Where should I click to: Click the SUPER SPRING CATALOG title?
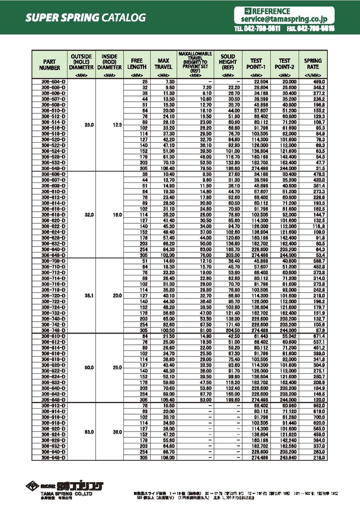pos(86,18)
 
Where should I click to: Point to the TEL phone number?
pos(258,29)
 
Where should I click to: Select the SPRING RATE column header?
pos(313,64)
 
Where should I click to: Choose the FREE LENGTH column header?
pos(137,64)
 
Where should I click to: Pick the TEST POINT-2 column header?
pos(284,64)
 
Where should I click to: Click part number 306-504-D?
pos(50,81)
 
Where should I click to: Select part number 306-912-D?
pos(50,406)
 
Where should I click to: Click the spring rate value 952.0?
pos(318,406)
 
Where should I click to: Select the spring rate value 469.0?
pos(318,81)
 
